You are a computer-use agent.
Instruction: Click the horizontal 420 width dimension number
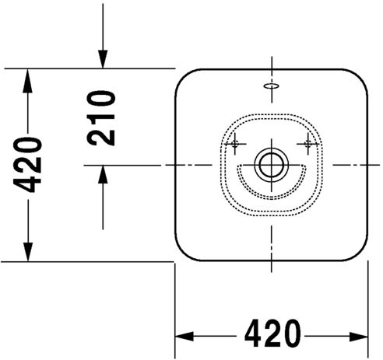pos(272,334)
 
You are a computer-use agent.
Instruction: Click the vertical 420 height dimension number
pos(27,165)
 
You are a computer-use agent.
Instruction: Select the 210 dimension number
pos(101,118)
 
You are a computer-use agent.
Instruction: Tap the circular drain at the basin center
pos(272,165)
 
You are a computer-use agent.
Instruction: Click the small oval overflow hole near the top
pos(272,86)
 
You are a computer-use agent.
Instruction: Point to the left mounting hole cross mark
pos(235,143)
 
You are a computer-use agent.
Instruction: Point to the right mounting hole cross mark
pos(308,143)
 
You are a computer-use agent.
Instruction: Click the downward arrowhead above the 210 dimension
pos(103,59)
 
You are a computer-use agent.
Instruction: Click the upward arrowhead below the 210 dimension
pos(103,174)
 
